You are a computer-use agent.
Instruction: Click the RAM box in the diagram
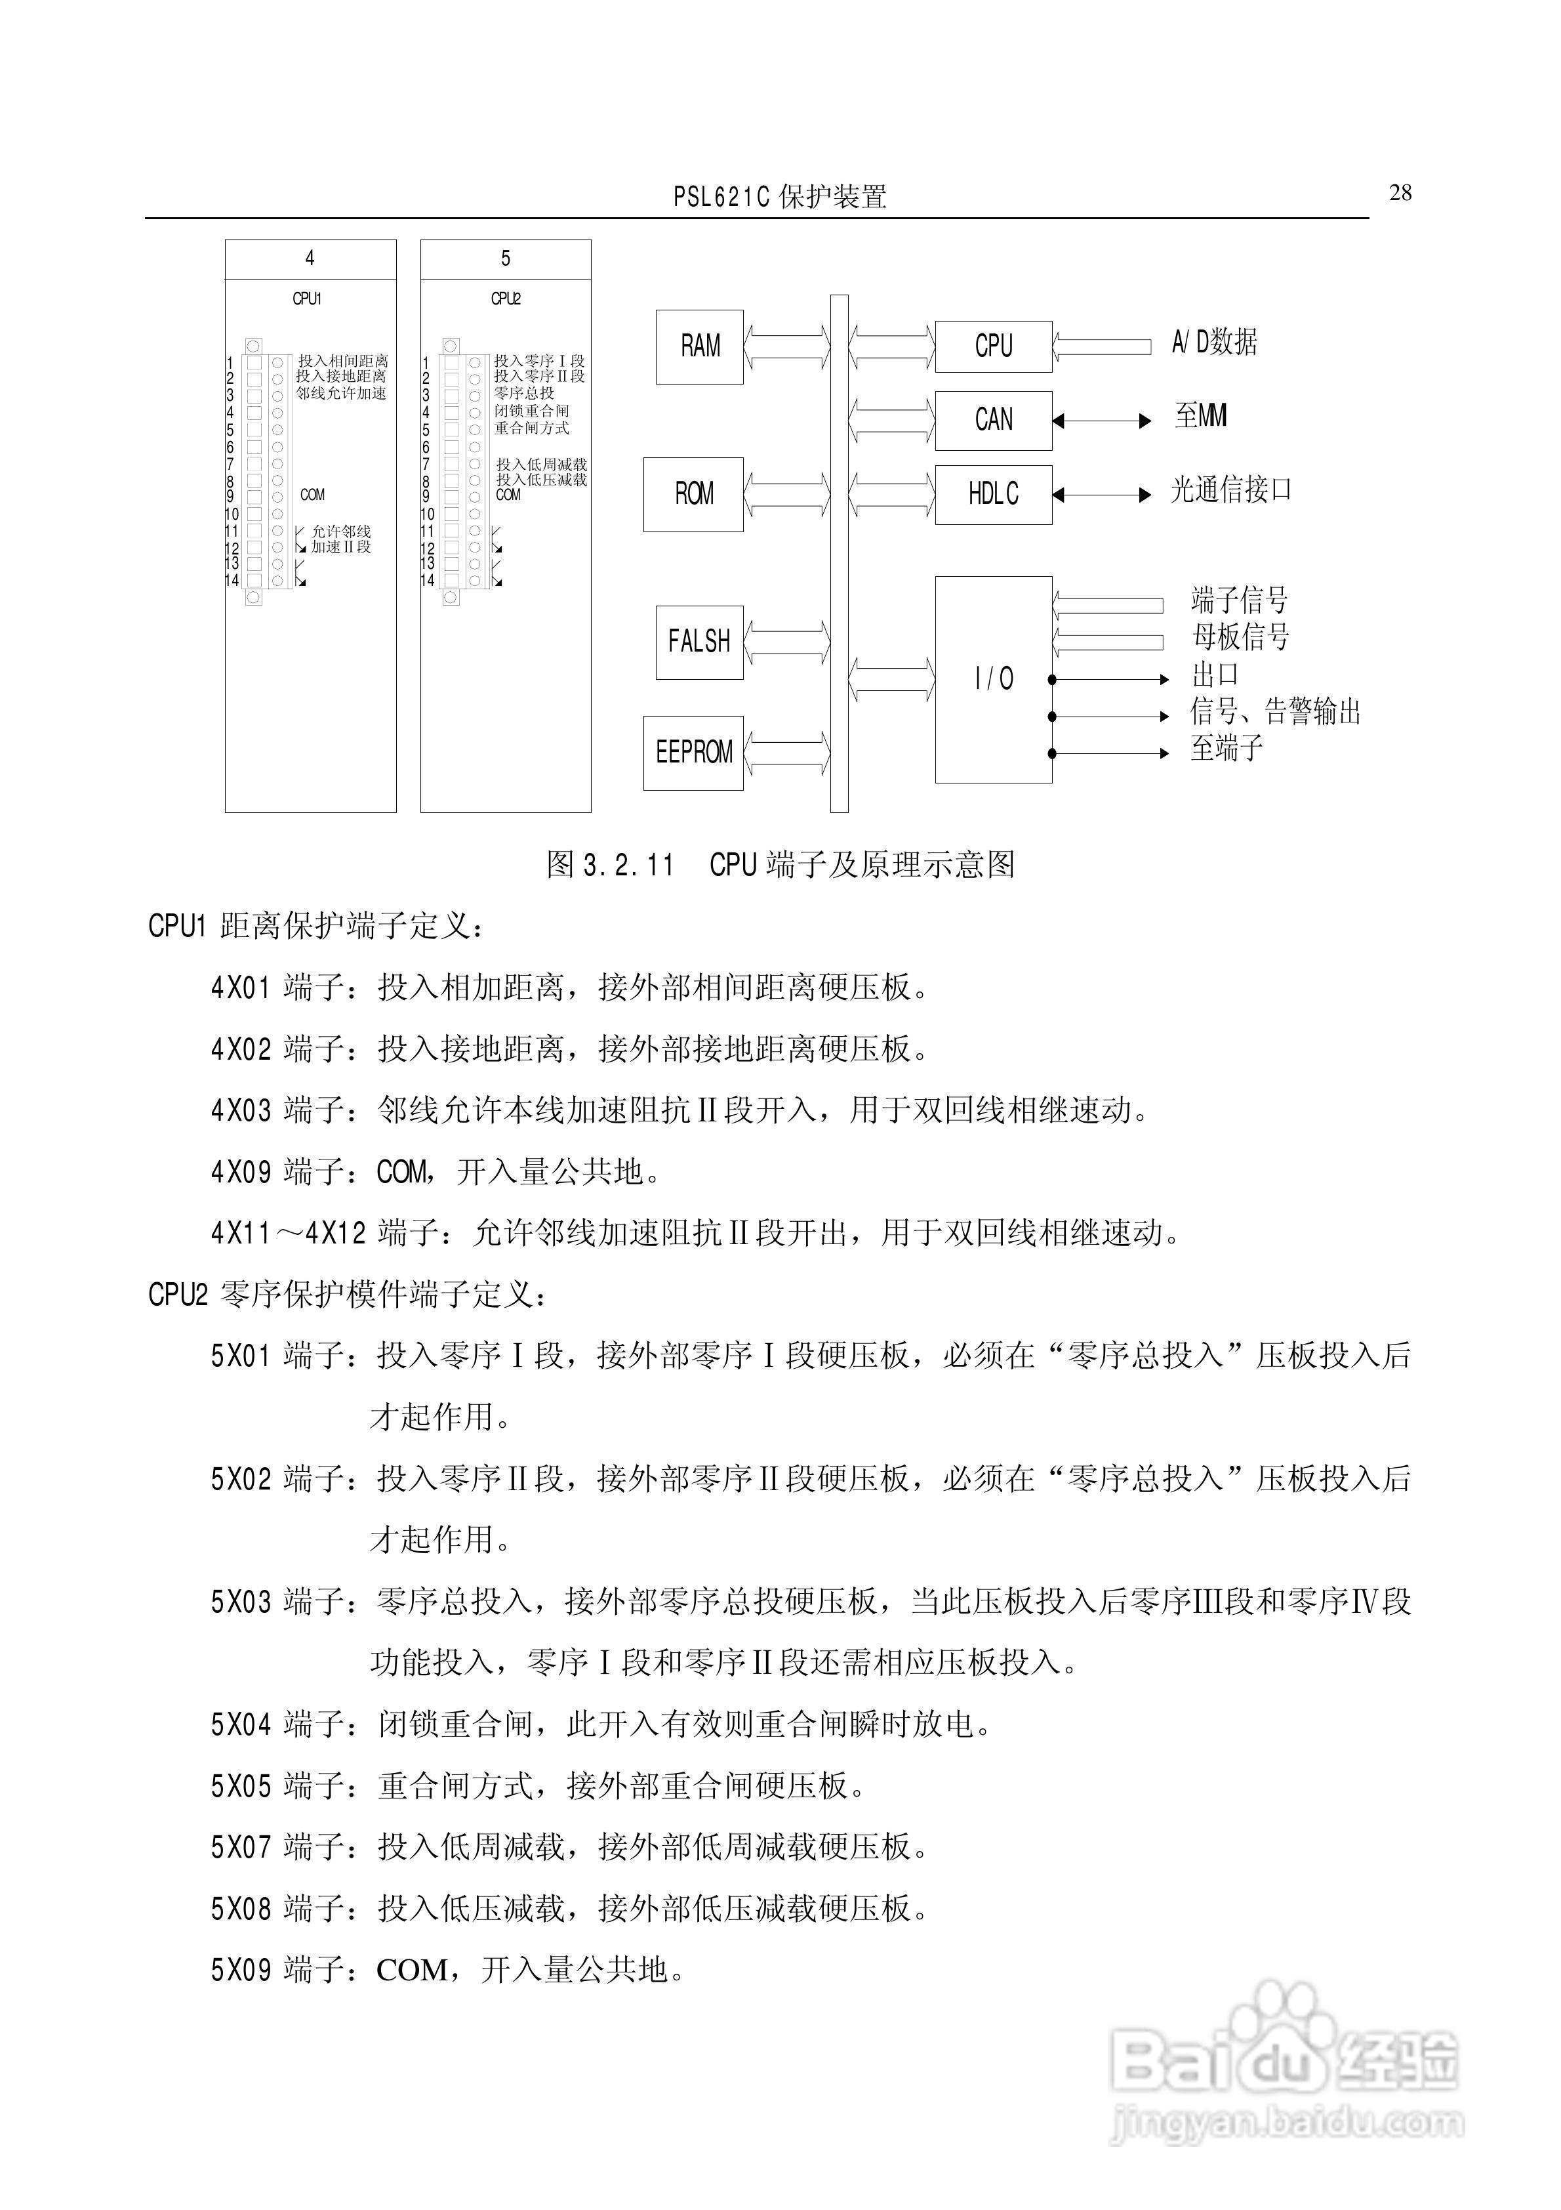(x=700, y=346)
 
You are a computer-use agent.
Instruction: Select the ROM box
(x=693, y=495)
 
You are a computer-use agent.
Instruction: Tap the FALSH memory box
(x=700, y=642)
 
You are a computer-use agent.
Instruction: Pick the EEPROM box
(x=693, y=753)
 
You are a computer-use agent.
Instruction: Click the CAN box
(x=993, y=421)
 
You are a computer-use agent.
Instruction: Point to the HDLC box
(x=993, y=495)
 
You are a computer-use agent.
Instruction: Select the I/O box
(x=993, y=680)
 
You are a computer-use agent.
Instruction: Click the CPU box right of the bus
(x=993, y=346)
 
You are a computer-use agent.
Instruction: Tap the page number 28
(x=1400, y=194)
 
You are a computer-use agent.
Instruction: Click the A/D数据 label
(x=1213, y=342)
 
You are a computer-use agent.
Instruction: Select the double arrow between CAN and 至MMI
(x=1102, y=421)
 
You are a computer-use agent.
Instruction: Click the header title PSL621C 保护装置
(x=780, y=198)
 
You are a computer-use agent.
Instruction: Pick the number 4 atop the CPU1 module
(x=310, y=258)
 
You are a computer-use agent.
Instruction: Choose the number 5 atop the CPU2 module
(x=505, y=258)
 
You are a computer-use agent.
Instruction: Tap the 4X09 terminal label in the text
(x=241, y=1171)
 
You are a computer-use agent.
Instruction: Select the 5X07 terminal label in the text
(x=241, y=1847)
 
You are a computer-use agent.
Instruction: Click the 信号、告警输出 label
(x=1275, y=713)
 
